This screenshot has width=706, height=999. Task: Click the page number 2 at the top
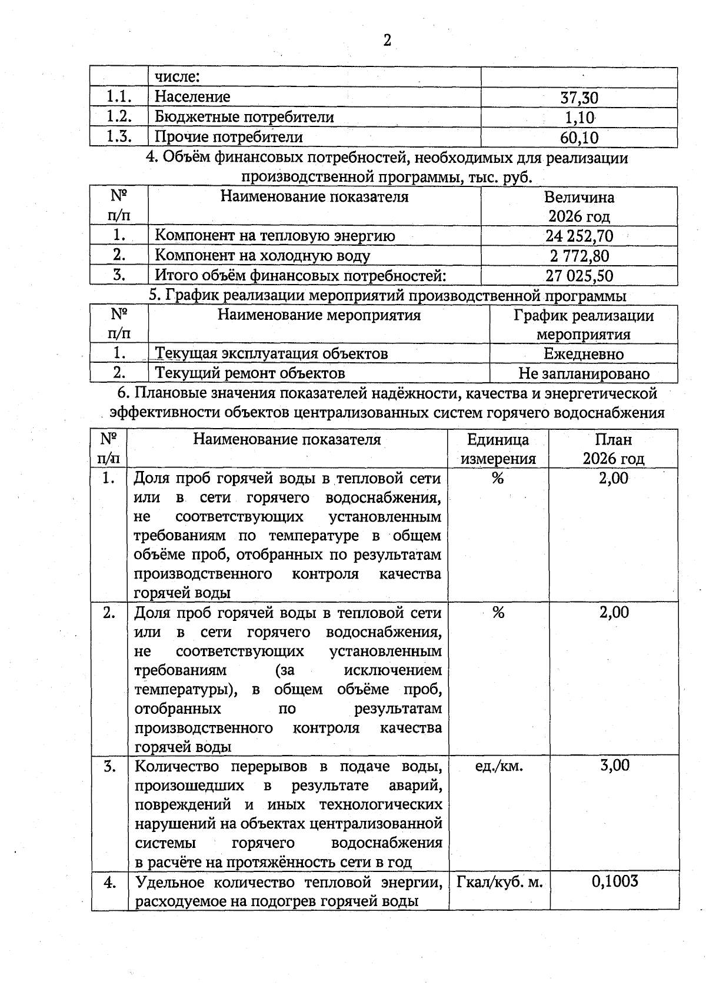pos(387,41)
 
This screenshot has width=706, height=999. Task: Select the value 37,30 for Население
pos(579,98)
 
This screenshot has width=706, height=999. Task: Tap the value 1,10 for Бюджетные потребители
pos(579,118)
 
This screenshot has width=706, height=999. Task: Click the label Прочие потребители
pos(229,137)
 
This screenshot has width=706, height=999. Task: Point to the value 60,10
pos(579,138)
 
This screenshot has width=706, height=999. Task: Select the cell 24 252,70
pos(579,236)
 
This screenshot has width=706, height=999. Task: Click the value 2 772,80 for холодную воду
pos(579,256)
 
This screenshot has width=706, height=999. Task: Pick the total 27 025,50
pos(579,276)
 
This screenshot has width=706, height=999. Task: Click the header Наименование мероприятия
pos(319,315)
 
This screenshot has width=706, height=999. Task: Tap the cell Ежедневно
pos(583,354)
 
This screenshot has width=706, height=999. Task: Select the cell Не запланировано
pos(584,373)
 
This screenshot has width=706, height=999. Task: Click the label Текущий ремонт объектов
pos(249,373)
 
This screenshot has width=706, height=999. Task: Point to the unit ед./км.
pos(498,766)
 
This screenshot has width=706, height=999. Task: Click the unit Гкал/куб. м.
pos(499,882)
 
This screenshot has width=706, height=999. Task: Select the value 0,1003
pos(614,881)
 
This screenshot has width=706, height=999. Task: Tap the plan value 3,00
pos(614,766)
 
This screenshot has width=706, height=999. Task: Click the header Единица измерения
pos(498,449)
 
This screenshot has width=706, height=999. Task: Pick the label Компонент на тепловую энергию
pos(275,236)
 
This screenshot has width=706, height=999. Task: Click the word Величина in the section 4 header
pos(579,198)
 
